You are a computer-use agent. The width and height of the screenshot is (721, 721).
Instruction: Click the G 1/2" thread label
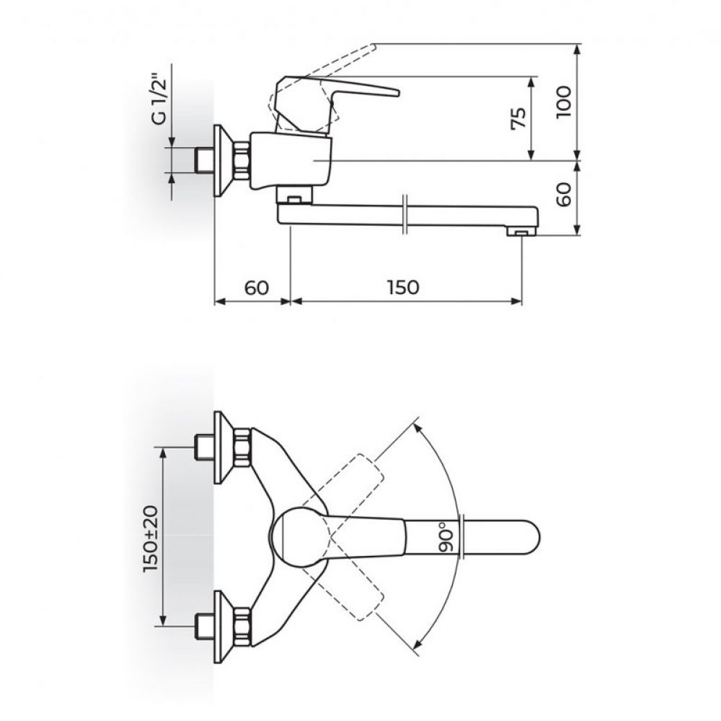(161, 102)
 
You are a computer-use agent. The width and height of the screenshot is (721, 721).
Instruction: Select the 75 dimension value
(518, 119)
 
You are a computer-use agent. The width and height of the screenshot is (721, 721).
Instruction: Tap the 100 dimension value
(563, 102)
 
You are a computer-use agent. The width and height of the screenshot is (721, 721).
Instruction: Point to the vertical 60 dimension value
(563, 193)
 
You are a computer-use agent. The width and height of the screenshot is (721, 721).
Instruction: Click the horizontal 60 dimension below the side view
(256, 288)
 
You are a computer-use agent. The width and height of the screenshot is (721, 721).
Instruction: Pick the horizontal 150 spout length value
(403, 288)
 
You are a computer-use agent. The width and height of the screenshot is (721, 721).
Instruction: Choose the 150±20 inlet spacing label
(151, 539)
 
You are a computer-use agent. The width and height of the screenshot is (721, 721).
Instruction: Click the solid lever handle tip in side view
(397, 93)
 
